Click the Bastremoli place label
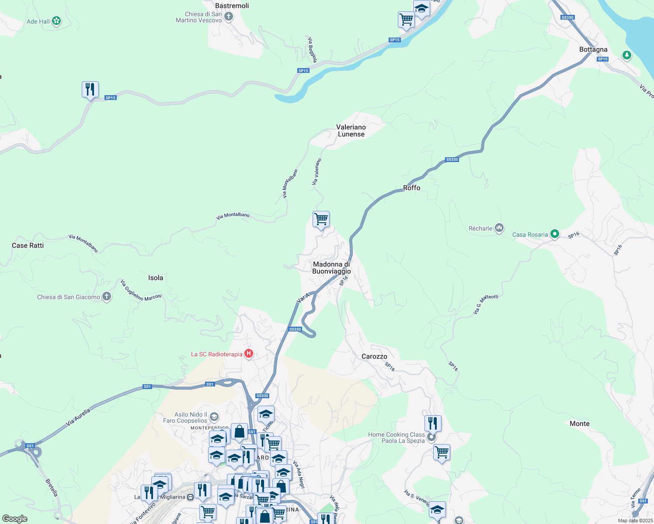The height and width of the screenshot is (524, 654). [x=232, y=6]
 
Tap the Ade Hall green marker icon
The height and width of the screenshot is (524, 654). [x=56, y=21]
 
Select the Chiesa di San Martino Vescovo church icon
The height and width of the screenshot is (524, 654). [x=229, y=17]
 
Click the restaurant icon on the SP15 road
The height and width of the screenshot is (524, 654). [x=90, y=90]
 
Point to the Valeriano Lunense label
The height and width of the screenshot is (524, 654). [x=351, y=131]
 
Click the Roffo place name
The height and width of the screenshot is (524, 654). [x=411, y=188]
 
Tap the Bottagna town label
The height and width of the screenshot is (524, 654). [x=593, y=49]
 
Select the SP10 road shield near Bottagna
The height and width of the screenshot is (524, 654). [x=602, y=59]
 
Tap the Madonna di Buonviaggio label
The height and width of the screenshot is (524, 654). [x=331, y=268]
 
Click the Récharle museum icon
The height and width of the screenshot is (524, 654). [x=499, y=228]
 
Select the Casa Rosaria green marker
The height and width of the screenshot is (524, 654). [x=554, y=234]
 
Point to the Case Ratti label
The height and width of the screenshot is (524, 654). [x=28, y=245]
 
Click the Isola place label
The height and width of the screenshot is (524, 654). [x=155, y=278]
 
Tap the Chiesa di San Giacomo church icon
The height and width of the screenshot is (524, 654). [x=107, y=296]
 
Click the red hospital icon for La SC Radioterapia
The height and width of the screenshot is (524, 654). [x=249, y=354]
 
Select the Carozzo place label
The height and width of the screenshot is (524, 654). [x=374, y=356]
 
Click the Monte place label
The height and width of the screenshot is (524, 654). [x=579, y=424]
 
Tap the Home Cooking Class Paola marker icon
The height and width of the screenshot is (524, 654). [x=431, y=438]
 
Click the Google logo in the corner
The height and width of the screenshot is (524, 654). [x=15, y=518]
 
